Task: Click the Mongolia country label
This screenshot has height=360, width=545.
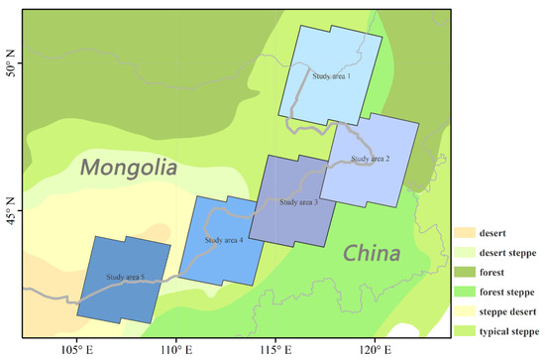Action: pyautogui.click(x=129, y=168)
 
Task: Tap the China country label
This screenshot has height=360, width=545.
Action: pyautogui.click(x=371, y=254)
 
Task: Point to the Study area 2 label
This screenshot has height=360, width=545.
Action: pyautogui.click(x=370, y=159)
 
